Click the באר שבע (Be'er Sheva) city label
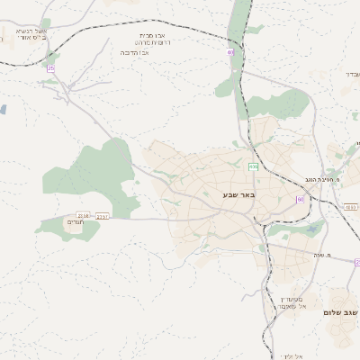click(238, 194)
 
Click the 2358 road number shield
click(83, 215)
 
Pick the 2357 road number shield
click(102, 216)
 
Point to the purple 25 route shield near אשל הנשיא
click(50, 67)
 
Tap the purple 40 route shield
click(231, 53)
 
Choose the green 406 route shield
click(254, 166)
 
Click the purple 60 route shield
click(300, 199)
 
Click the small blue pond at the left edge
click(3, 109)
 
